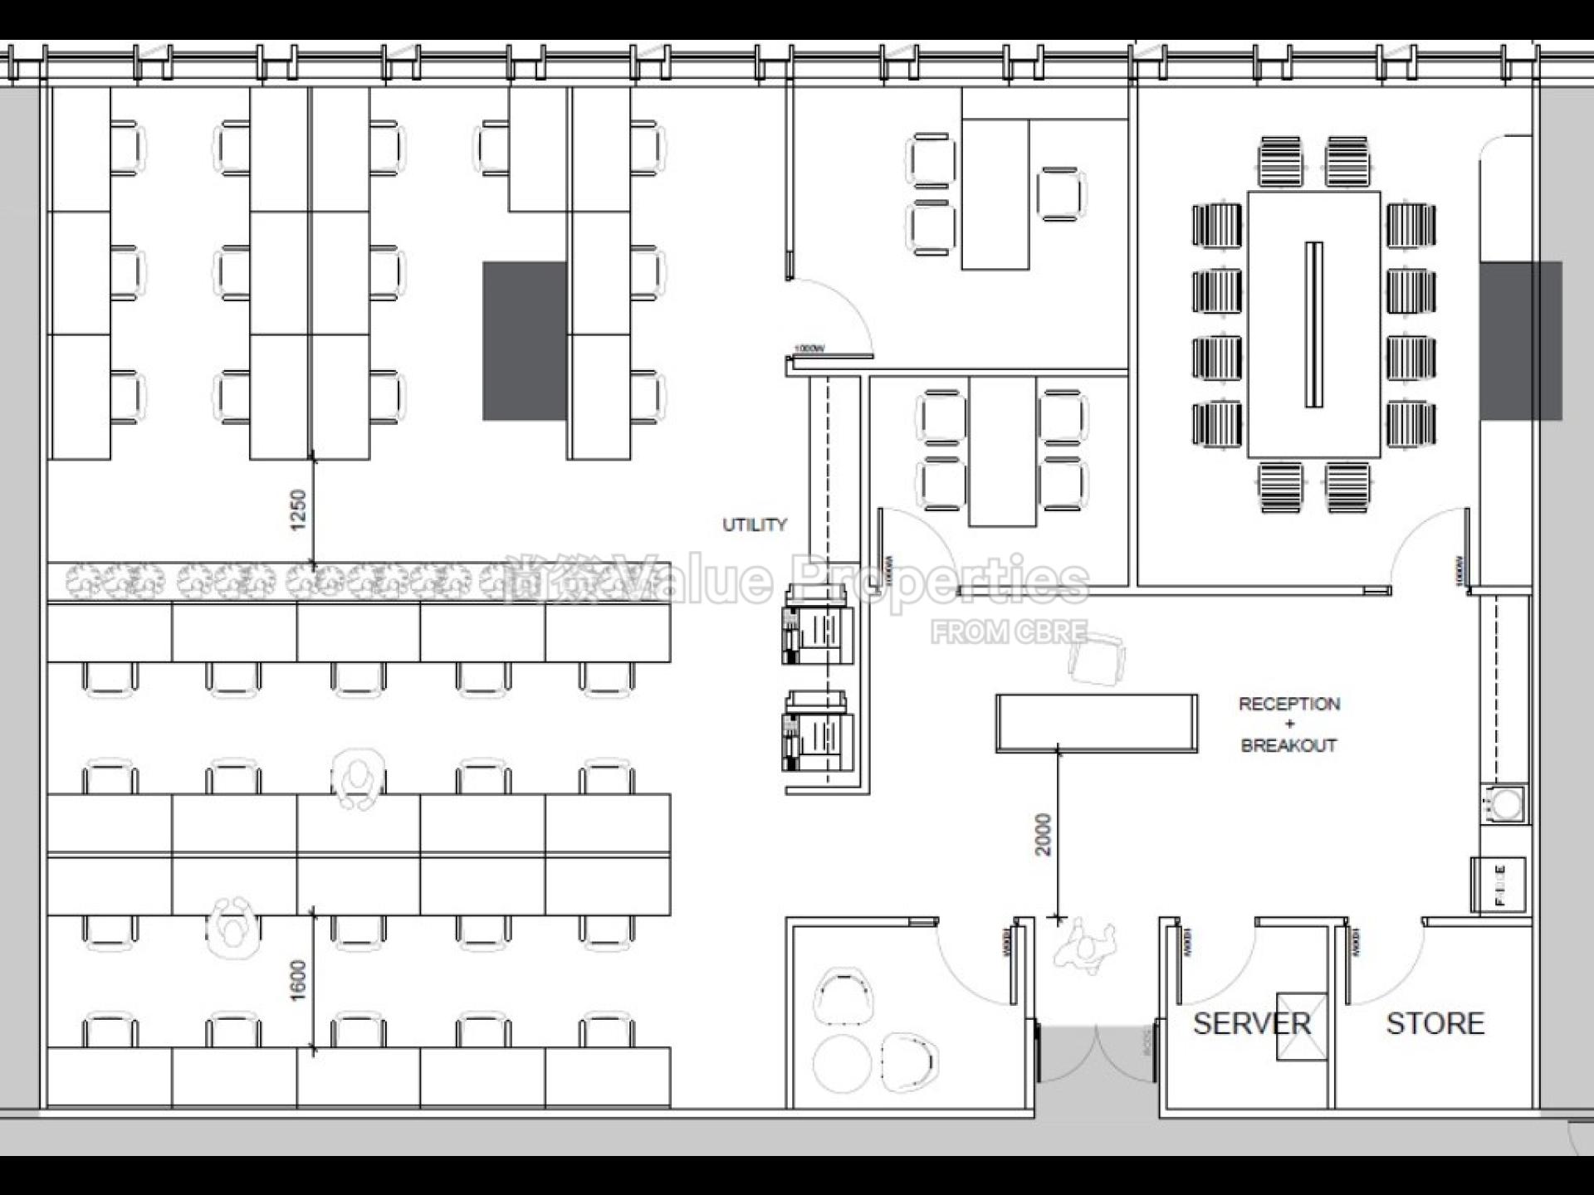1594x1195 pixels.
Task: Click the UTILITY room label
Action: pos(754,524)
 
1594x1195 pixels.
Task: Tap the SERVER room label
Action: pos(1251,1023)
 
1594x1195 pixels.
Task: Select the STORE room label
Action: pos(1435,1023)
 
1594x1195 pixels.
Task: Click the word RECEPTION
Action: pos(1288,704)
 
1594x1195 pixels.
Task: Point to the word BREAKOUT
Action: pos(1288,745)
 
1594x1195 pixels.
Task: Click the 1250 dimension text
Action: pos(298,510)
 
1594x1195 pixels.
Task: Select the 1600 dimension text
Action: pos(298,980)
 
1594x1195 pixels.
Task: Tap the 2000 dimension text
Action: pos(1043,834)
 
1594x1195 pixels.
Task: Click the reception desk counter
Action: pos(1096,723)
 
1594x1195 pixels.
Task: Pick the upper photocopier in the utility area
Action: pos(818,627)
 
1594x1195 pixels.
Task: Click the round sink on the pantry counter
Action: pos(1507,803)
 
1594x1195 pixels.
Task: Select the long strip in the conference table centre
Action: pos(1313,324)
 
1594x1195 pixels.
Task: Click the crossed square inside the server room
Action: pos(1301,1027)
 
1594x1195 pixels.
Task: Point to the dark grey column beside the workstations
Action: pos(525,341)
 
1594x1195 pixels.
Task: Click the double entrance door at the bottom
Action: pos(1096,1054)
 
